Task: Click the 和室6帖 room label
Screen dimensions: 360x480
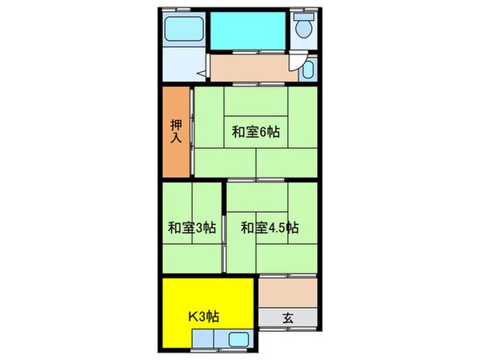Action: point(250,132)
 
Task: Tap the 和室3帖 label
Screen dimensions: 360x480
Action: point(191,227)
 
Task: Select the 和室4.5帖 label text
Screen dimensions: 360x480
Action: point(270,227)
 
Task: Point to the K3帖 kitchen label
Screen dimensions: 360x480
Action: point(202,317)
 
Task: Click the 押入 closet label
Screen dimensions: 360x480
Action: point(175,130)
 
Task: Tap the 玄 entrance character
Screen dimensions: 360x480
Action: point(287,318)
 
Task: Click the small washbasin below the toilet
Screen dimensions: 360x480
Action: point(309,70)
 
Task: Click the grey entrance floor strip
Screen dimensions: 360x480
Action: point(288,318)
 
